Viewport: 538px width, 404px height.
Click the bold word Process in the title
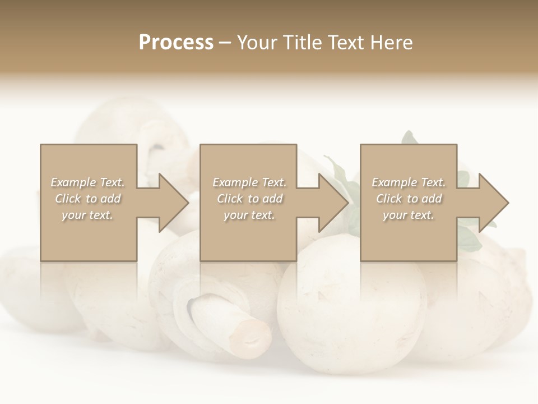(x=176, y=43)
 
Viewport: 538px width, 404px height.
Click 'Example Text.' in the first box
(x=88, y=182)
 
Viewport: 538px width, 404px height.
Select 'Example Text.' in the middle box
(x=249, y=182)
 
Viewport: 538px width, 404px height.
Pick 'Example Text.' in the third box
(x=409, y=182)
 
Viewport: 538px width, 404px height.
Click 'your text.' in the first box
(x=88, y=215)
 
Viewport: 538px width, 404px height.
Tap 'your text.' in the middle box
(x=249, y=215)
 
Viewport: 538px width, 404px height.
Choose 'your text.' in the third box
(x=409, y=215)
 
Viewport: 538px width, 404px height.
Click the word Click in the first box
(x=68, y=199)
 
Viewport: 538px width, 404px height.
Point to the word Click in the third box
(x=389, y=199)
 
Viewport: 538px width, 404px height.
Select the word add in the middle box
(x=272, y=199)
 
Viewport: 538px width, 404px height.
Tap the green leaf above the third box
(x=409, y=138)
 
